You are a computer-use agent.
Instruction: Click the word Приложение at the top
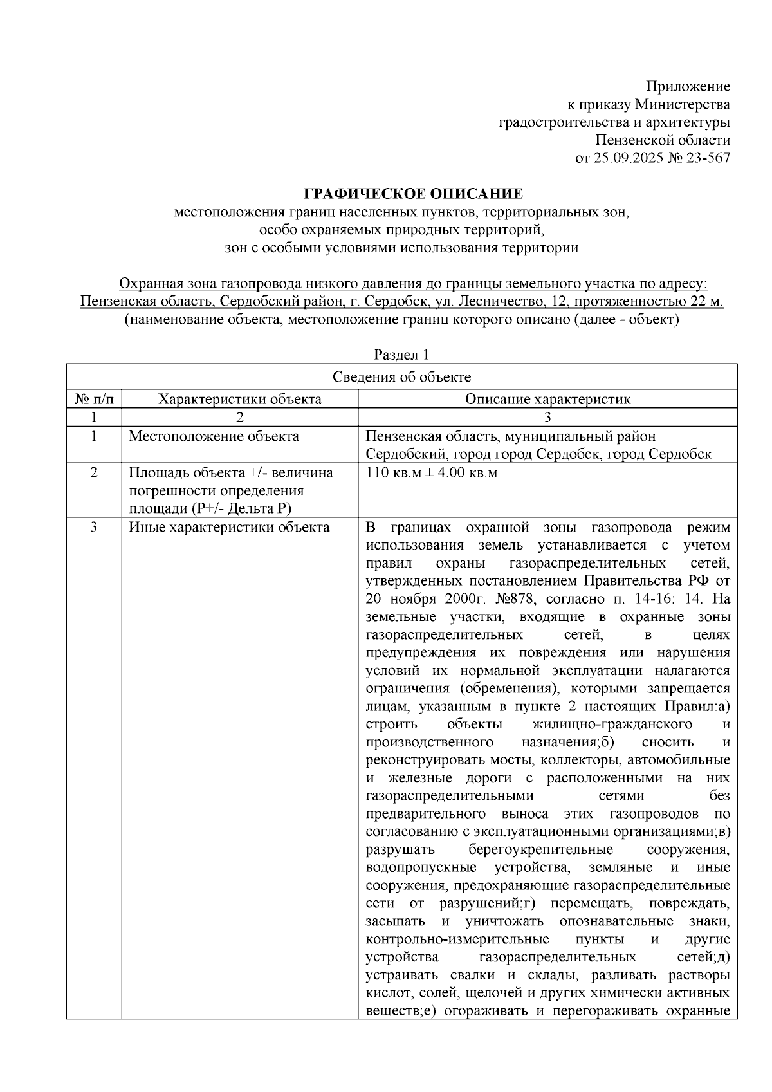[x=688, y=86]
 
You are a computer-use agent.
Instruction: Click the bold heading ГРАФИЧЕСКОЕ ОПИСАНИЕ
[x=413, y=194]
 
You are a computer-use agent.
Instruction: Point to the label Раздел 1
[x=401, y=355]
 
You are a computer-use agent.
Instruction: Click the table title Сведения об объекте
[x=401, y=377]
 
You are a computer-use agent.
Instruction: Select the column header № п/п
[x=94, y=399]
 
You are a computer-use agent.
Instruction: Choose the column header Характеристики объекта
[x=240, y=399]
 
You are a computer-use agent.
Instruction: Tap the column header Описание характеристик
[x=547, y=399]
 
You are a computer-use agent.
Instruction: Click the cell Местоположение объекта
[x=214, y=436]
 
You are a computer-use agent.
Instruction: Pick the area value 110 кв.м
[x=392, y=473]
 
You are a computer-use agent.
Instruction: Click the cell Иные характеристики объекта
[x=229, y=528]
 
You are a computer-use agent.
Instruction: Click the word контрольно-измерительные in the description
[x=457, y=939]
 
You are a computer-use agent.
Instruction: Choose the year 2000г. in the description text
[x=450, y=599]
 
